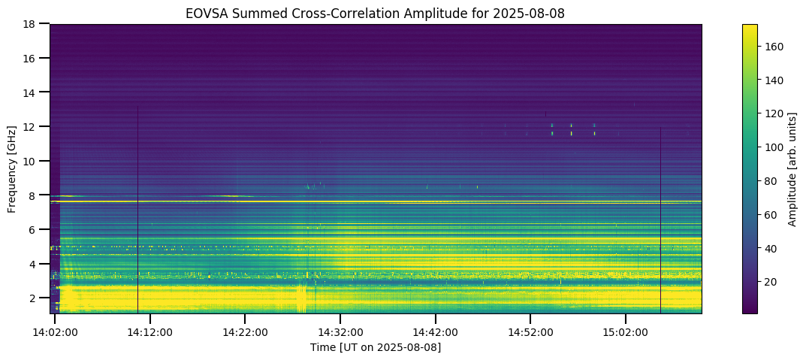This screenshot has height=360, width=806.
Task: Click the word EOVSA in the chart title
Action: (205, 14)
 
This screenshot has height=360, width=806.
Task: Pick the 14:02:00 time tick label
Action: (55, 331)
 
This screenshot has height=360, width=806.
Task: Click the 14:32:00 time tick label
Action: (340, 331)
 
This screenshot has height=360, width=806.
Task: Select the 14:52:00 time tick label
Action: (530, 331)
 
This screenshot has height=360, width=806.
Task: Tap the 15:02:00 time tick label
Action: (626, 331)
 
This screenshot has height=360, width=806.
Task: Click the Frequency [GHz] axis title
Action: (13, 168)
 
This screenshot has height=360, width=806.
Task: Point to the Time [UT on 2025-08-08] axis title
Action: (376, 347)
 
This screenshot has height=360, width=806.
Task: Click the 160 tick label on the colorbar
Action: (775, 47)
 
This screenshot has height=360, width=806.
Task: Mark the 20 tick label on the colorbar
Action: (773, 282)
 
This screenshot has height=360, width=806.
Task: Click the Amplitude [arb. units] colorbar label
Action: (792, 168)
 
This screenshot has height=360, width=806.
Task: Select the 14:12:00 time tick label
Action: (150, 331)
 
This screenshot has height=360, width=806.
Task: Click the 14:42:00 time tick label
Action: (436, 331)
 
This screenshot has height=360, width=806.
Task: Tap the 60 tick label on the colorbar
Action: (773, 214)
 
